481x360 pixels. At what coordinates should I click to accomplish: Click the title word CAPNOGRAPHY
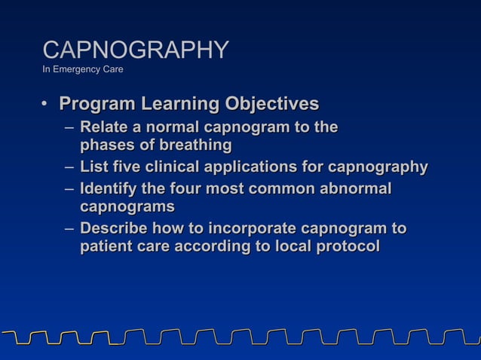click(x=136, y=50)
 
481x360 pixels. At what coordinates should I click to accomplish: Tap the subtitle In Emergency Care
click(x=83, y=70)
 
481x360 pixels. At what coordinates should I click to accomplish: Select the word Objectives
click(x=269, y=104)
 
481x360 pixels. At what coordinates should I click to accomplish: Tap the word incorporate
click(x=253, y=228)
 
